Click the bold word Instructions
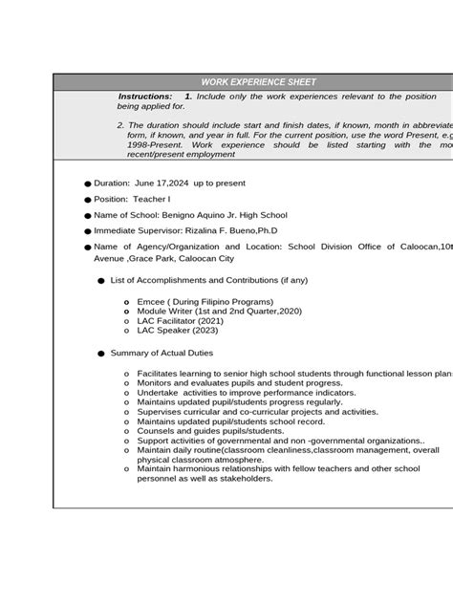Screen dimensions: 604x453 coord(145,97)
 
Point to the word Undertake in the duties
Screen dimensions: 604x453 coord(159,393)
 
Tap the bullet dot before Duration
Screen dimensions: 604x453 coord(86,183)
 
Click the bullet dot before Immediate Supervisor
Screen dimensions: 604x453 coord(86,232)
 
